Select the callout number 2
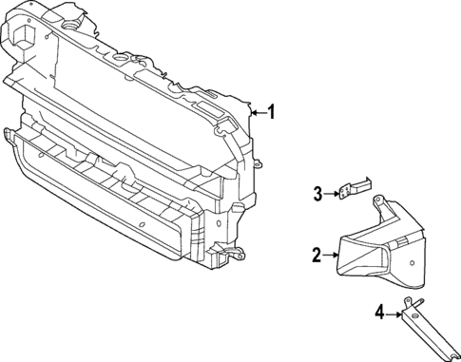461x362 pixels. coord(317,254)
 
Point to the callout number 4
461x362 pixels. coord(379,311)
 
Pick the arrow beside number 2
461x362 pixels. coord(331,254)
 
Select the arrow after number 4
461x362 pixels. coord(394,311)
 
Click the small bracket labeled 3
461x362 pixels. coord(354,190)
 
